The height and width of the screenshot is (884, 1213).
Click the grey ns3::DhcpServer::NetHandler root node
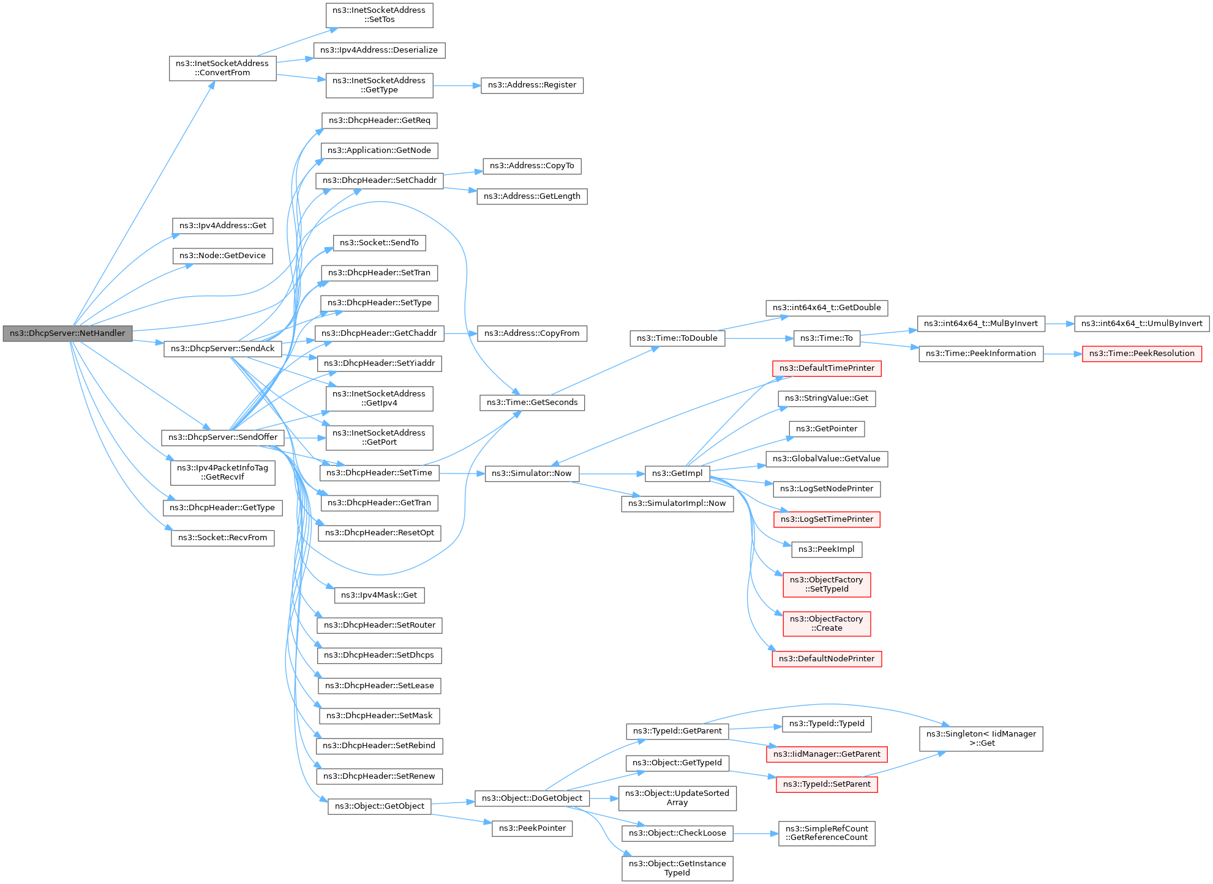[67, 333]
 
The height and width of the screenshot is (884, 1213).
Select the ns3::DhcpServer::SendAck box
[222, 349]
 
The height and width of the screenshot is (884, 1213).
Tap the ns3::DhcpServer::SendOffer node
[223, 437]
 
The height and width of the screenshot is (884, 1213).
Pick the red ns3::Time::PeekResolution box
[1141, 354]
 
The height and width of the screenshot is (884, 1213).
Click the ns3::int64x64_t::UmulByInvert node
[1141, 324]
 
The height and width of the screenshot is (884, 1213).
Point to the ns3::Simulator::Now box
[531, 474]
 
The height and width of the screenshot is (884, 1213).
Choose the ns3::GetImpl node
[677, 474]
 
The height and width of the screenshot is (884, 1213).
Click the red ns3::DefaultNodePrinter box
[827, 659]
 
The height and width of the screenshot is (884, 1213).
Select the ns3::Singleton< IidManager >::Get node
[981, 738]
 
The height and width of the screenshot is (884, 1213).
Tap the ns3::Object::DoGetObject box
[532, 798]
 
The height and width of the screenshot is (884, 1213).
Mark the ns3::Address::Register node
[532, 85]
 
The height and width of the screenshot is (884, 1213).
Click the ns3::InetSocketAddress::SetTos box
[379, 15]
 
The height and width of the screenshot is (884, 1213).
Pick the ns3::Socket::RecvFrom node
[223, 538]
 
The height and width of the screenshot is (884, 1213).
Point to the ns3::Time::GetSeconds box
[532, 403]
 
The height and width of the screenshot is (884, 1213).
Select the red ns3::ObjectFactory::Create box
[827, 623]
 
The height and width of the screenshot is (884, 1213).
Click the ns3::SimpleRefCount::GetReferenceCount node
[827, 833]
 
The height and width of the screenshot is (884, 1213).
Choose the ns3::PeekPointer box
[532, 828]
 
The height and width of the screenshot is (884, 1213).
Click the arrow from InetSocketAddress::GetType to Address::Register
[457, 86]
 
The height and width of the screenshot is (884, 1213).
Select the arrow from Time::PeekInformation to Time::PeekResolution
[1063, 354]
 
